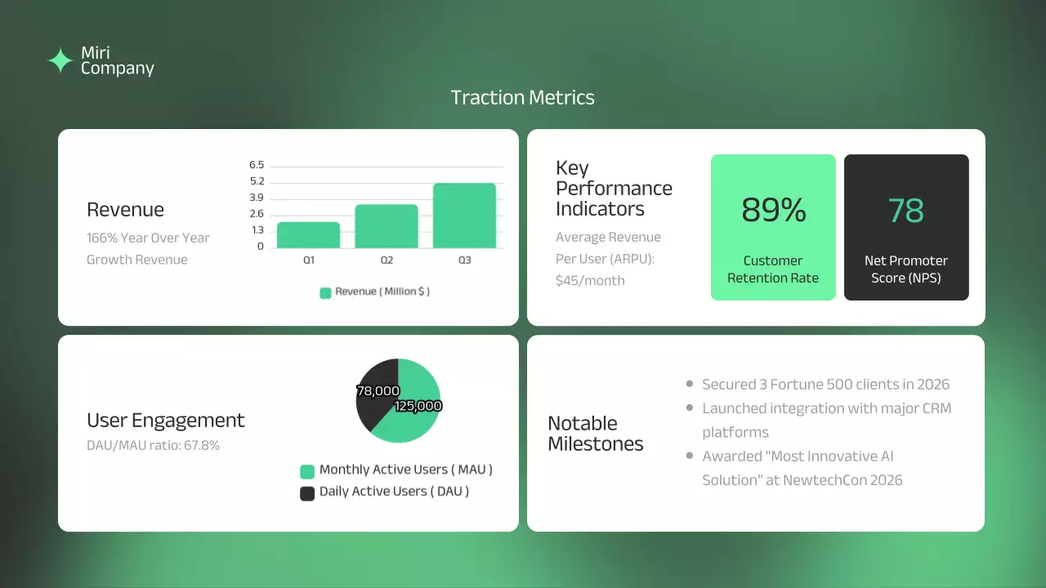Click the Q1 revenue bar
[x=308, y=235]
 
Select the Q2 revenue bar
[x=386, y=226]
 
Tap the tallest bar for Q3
[x=464, y=216]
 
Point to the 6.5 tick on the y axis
[x=257, y=165]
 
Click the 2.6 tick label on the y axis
[x=257, y=214]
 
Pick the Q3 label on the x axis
[x=464, y=261]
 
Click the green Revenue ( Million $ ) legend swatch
[x=325, y=292]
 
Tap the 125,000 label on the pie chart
[x=418, y=406]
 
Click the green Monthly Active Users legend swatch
[x=307, y=471]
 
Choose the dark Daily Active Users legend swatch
[x=307, y=493]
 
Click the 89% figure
[x=773, y=211]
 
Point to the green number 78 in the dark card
[x=905, y=211]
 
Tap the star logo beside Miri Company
[x=60, y=61]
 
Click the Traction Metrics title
[x=523, y=98]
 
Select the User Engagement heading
[x=166, y=421]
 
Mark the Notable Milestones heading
[x=596, y=434]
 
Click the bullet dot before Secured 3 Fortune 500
[x=690, y=384]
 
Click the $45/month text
[x=590, y=281]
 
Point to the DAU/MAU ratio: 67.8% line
[x=153, y=446]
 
